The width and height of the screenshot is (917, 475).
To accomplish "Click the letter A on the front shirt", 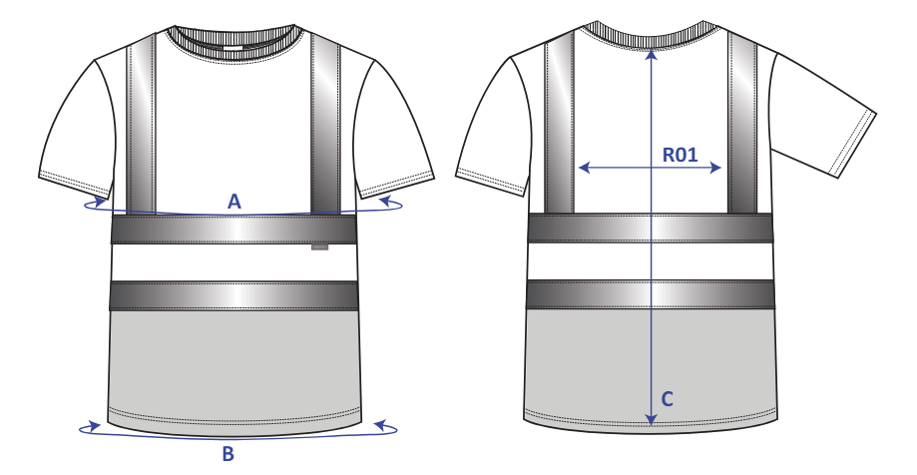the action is click(233, 202).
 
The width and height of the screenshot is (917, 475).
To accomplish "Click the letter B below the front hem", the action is click(229, 453).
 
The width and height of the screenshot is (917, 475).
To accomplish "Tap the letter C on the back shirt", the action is click(668, 399).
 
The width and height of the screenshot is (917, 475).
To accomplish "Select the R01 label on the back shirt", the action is click(681, 155).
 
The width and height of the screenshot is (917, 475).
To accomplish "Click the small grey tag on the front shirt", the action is click(319, 247).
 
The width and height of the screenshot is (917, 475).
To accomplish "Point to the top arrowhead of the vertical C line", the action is click(652, 55).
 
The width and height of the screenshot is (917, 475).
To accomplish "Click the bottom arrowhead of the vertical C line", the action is click(651, 420).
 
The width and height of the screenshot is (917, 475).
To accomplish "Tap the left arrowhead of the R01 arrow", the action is click(584, 169).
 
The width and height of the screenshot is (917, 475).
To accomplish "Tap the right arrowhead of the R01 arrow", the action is click(715, 168).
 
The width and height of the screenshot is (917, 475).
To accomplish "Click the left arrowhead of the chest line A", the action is click(100, 202).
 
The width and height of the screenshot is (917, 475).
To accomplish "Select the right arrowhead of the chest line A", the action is click(386, 202).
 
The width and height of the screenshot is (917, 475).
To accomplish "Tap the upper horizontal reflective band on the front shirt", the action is click(233, 229).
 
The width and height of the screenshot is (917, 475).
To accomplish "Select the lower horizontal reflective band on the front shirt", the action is click(233, 295).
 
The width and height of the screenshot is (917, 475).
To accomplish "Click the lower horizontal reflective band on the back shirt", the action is click(651, 294).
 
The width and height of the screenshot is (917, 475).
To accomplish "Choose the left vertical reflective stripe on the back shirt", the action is click(559, 123).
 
